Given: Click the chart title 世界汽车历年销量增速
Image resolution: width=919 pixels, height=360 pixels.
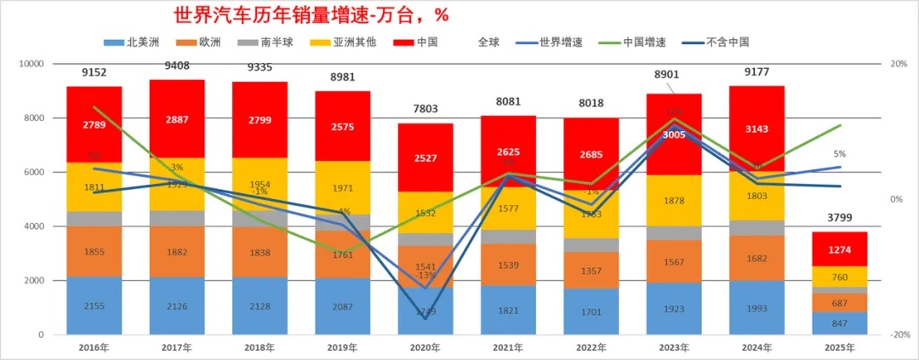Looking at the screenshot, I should point(311,15).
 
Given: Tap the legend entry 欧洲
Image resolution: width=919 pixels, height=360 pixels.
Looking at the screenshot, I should point(208,42).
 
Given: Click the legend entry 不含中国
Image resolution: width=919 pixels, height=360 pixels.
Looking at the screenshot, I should point(727,42).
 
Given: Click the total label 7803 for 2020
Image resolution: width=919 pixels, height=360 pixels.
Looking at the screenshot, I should point(425,109).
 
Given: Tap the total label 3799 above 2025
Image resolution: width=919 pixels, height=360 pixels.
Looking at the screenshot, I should point(840,217).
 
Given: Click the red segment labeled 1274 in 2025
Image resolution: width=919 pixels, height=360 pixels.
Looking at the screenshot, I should point(839,249).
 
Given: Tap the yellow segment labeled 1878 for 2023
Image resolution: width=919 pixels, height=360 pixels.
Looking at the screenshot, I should point(673,201).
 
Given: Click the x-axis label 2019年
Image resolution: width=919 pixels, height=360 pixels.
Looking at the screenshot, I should point(343,347).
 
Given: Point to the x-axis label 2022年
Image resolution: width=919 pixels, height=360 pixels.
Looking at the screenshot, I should point(591,347).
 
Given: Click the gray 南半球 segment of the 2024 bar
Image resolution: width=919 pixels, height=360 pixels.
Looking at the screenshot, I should point(756,227).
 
